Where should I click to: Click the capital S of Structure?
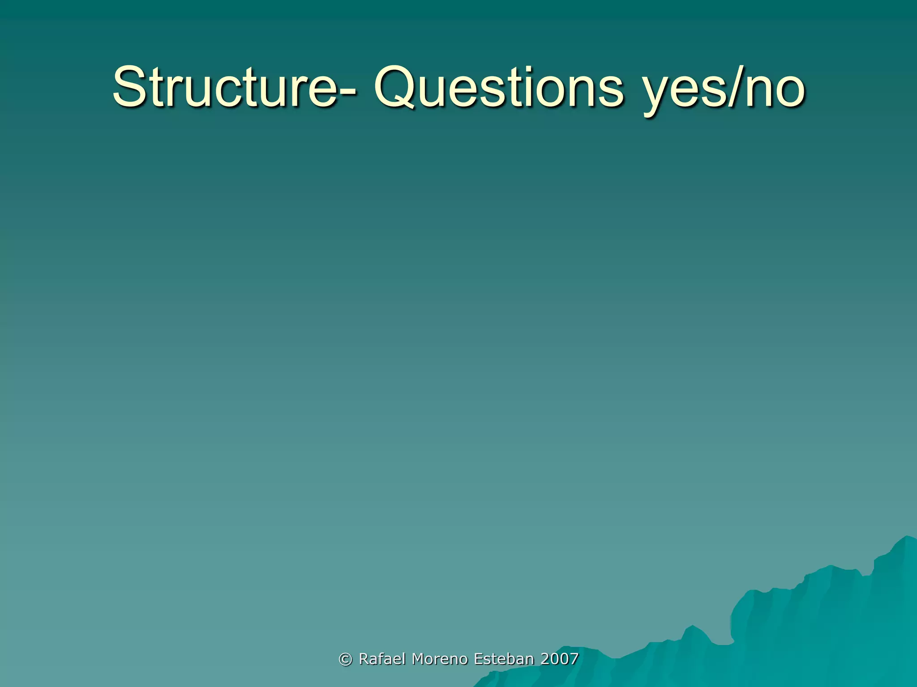129,87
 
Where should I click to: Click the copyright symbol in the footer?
345,659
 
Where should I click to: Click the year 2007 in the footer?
559,659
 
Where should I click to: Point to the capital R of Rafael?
364,659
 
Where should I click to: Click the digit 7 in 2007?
574,659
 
